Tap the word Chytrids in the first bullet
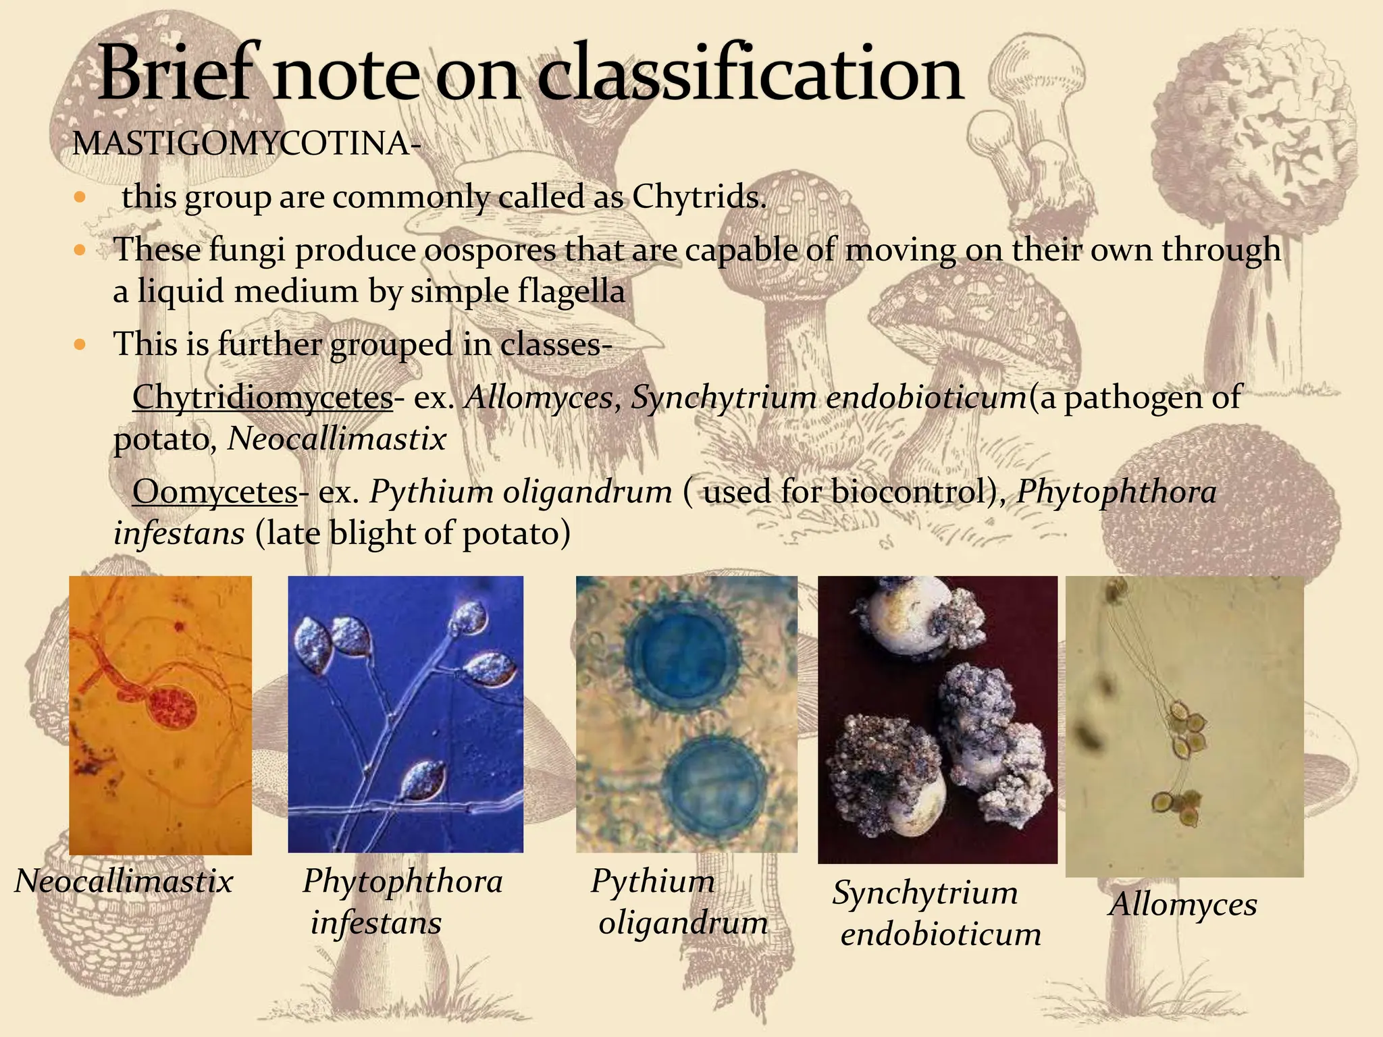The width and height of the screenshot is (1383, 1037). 699,197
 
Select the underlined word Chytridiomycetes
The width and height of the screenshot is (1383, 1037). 262,397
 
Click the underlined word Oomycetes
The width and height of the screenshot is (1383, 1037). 215,491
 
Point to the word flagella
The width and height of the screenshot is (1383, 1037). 571,292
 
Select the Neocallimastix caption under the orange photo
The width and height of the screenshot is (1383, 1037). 124,881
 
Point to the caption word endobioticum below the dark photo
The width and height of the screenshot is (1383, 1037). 941,935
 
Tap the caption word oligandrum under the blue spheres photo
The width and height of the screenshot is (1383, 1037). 683,923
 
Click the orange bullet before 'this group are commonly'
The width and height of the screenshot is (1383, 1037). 80,198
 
